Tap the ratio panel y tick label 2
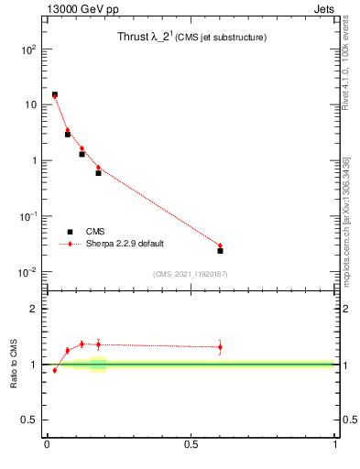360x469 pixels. pyautogui.click(x=33, y=309)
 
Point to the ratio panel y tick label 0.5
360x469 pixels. pyautogui.click(x=27, y=420)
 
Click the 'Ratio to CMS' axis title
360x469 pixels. pyautogui.click(x=14, y=365)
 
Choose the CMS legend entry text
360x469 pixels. pyautogui.click(x=95, y=232)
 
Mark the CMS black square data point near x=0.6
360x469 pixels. pyautogui.click(x=221, y=250)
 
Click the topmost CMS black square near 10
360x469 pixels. pyautogui.click(x=55, y=94)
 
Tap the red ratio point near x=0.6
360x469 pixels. pyautogui.click(x=221, y=346)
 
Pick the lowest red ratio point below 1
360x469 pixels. pyautogui.click(x=55, y=370)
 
